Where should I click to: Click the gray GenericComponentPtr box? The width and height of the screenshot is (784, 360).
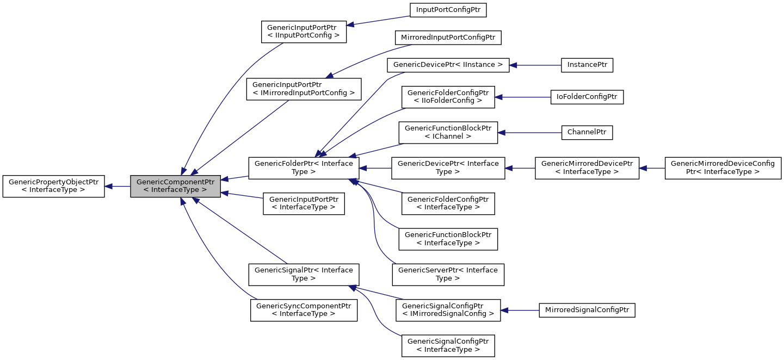click(175, 186)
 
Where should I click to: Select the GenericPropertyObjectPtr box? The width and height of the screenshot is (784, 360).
click(53, 186)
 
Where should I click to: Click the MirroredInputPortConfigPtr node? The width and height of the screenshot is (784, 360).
click(448, 38)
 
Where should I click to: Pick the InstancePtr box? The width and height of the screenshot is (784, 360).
click(587, 65)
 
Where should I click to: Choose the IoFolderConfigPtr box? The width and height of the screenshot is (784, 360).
click(587, 97)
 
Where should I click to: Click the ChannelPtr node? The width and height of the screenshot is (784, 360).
click(587, 132)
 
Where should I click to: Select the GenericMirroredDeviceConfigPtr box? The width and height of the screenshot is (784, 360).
click(723, 167)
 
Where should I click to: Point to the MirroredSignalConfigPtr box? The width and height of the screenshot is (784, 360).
click(587, 311)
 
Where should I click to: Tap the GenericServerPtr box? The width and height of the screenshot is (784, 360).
click(448, 274)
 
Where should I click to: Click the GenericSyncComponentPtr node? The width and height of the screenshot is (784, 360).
click(304, 309)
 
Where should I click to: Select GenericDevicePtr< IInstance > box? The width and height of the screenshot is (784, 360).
click(448, 65)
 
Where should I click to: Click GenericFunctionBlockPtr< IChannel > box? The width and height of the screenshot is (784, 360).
click(448, 132)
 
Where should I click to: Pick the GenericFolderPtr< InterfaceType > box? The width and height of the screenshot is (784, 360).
click(304, 167)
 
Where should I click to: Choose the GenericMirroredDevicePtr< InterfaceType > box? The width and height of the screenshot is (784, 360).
click(587, 167)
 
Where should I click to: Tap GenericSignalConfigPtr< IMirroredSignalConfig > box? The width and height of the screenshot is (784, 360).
click(448, 311)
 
